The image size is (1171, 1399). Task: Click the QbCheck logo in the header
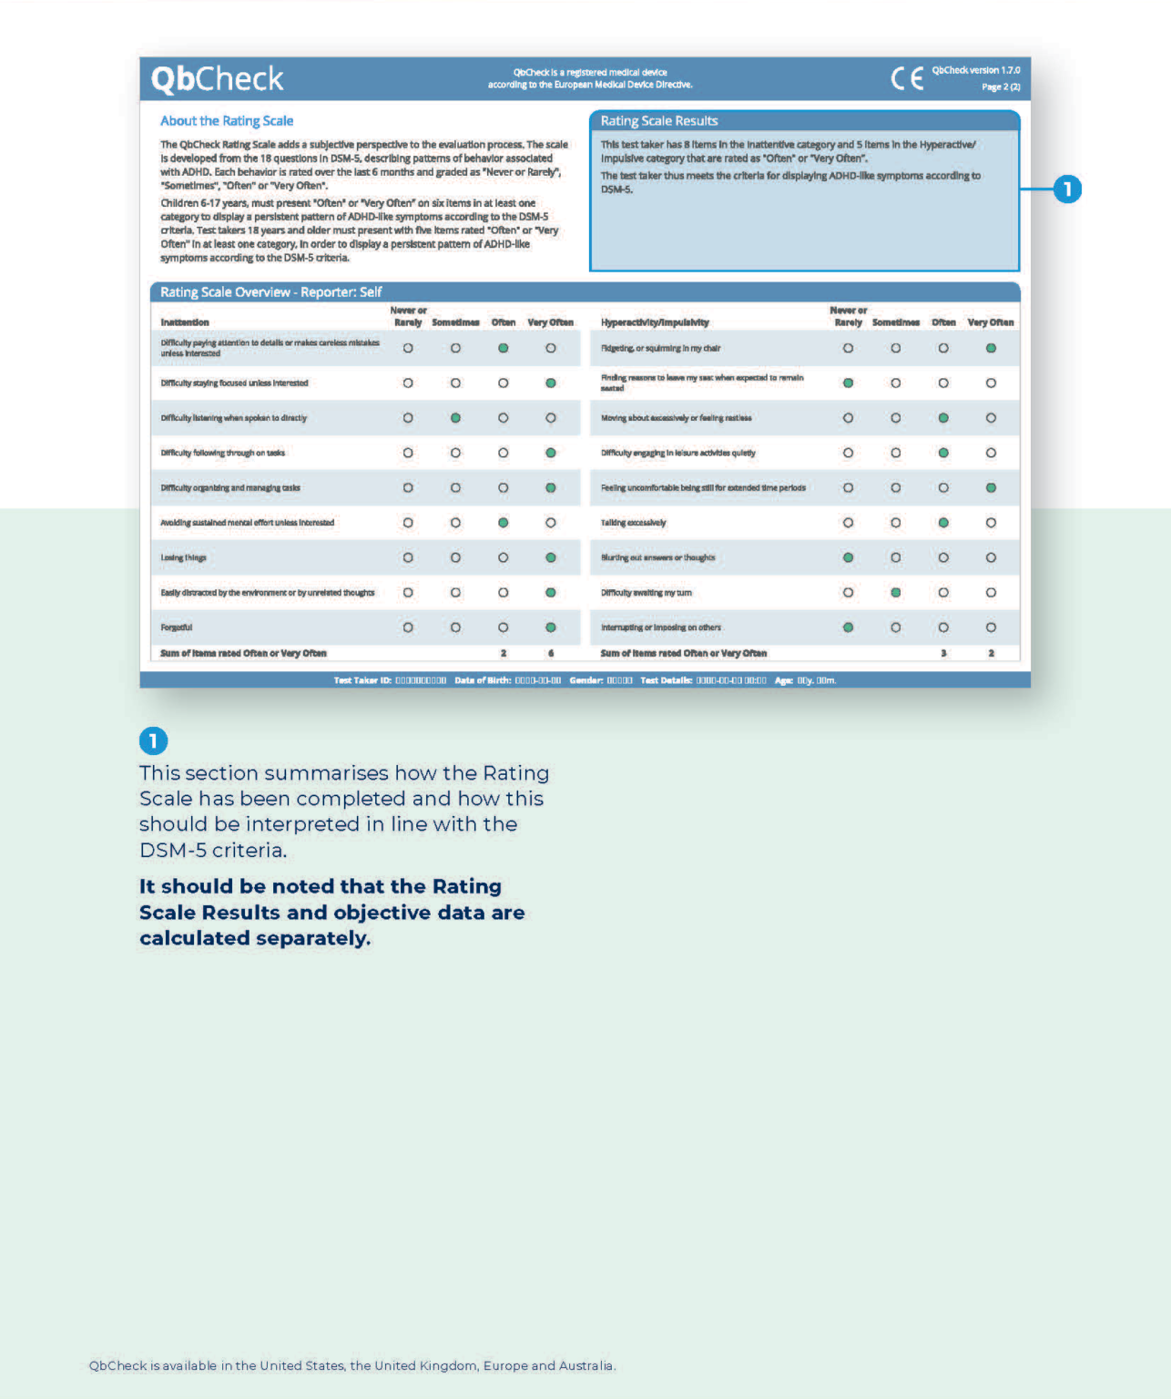(x=217, y=79)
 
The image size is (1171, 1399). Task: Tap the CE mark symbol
(x=907, y=78)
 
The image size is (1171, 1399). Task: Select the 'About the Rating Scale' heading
(x=227, y=121)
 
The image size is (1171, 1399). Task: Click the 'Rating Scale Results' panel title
(x=659, y=121)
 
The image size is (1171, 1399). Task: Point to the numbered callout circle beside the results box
(x=1067, y=189)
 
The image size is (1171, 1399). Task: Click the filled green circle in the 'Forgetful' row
(x=551, y=628)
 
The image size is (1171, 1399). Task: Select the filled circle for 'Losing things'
(x=551, y=557)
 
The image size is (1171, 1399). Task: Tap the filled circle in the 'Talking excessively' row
(x=943, y=523)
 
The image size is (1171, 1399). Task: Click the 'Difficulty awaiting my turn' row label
(x=647, y=593)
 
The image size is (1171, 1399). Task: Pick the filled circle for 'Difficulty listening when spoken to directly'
(x=455, y=418)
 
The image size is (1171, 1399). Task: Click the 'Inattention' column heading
(x=185, y=322)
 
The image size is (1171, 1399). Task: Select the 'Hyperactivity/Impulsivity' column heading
(x=655, y=322)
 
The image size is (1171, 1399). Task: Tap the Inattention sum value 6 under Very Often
(x=551, y=653)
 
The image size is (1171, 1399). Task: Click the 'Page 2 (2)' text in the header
(x=1001, y=87)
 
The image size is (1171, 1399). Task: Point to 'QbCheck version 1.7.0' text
(x=975, y=70)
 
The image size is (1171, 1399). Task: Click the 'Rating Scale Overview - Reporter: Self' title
(x=271, y=292)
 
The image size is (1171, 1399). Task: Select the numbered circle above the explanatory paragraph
(x=153, y=740)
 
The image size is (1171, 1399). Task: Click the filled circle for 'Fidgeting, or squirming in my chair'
(x=991, y=348)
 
